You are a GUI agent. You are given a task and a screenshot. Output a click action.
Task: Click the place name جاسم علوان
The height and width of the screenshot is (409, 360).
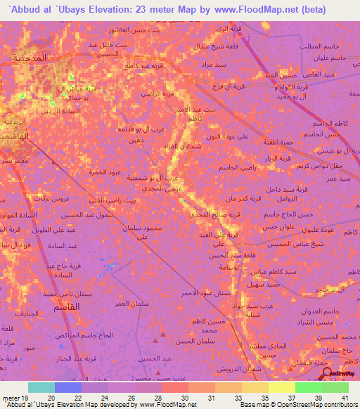click(335, 58)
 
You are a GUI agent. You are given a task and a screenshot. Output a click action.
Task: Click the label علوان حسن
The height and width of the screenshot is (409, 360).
click(277, 227)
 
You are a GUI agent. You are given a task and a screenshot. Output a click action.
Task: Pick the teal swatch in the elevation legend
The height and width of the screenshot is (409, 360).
click(41, 387)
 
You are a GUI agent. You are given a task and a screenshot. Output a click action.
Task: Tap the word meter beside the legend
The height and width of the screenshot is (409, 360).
click(11, 398)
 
